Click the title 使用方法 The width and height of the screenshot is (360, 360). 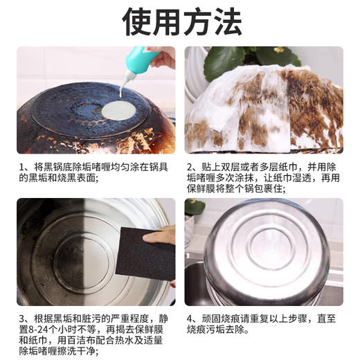point(180,22)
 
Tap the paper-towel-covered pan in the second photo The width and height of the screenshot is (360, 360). point(263,111)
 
